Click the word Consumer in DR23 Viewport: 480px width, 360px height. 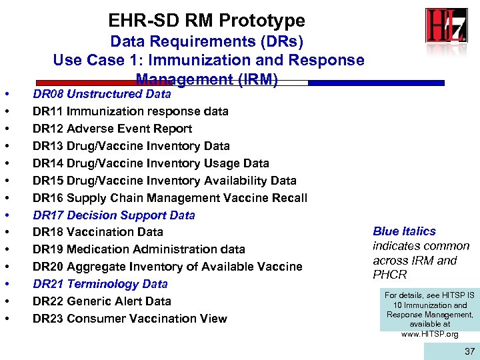[x=95, y=319]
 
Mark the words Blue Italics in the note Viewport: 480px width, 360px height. [x=404, y=231]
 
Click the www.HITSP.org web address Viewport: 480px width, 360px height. [x=429, y=334]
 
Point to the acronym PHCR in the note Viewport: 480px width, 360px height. [x=390, y=275]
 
